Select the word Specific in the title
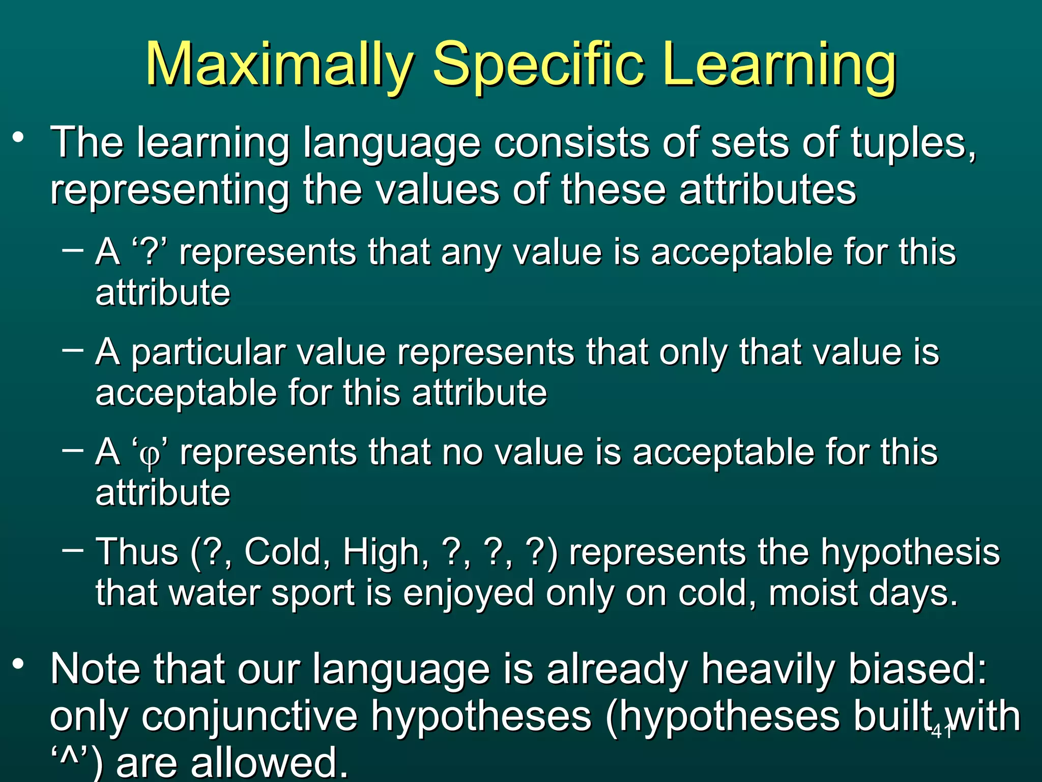click(x=539, y=65)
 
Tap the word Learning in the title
click(x=779, y=65)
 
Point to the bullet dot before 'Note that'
click(x=19, y=664)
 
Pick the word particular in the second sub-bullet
click(x=208, y=353)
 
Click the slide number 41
click(x=941, y=732)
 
